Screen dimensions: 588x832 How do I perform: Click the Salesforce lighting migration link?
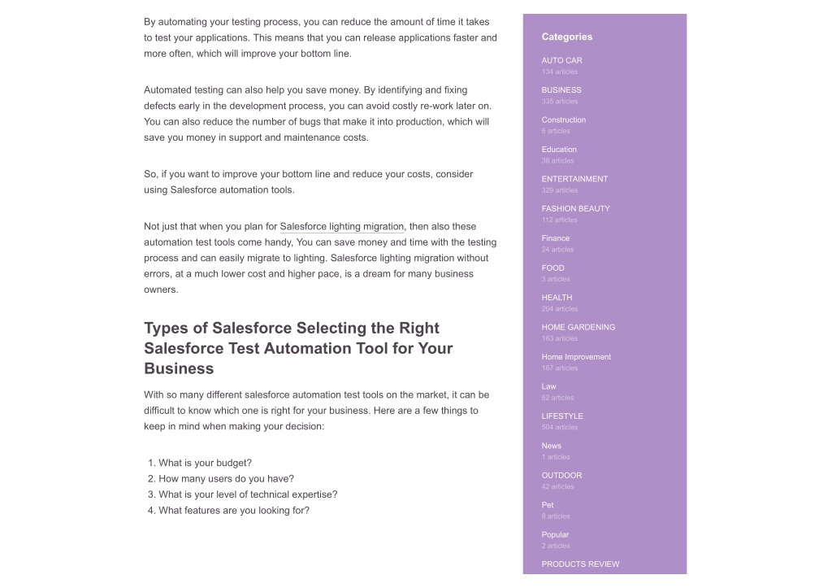point(341,227)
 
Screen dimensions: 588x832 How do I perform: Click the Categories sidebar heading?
point(566,37)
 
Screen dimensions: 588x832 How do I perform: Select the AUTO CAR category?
point(561,60)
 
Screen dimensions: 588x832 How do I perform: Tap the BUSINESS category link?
point(561,90)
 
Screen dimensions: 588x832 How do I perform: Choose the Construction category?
point(563,120)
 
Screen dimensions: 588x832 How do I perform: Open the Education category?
point(559,150)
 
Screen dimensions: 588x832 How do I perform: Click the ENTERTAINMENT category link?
point(574,179)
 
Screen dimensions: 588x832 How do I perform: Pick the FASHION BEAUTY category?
point(575,209)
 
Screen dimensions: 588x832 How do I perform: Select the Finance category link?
point(556,238)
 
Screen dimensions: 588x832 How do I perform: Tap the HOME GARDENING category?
point(578,327)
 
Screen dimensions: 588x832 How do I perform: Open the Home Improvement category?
point(576,357)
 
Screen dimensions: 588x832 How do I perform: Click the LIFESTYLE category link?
point(562,416)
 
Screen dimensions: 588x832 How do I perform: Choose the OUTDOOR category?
point(561,476)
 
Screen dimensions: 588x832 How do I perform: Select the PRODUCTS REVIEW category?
point(580,564)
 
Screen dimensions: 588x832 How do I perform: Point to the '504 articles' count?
point(560,428)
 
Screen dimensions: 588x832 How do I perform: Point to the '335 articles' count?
point(560,102)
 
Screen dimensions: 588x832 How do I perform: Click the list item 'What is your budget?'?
point(205,463)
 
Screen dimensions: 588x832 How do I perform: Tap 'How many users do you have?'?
point(226,479)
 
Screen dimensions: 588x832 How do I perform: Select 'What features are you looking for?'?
point(234,511)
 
